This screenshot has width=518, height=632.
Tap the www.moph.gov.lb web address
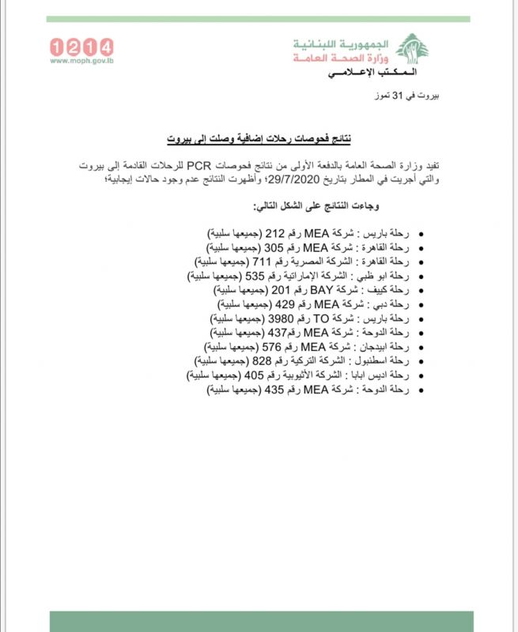[x=81, y=60]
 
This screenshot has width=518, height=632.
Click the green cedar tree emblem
[x=411, y=48]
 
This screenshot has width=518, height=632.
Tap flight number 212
[x=274, y=235]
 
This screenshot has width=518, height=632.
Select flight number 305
[x=274, y=248]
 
